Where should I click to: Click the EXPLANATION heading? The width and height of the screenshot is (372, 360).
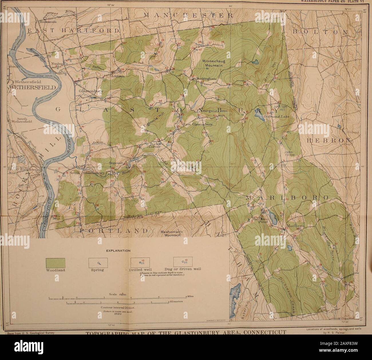pyautogui.click(x=118, y=250)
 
